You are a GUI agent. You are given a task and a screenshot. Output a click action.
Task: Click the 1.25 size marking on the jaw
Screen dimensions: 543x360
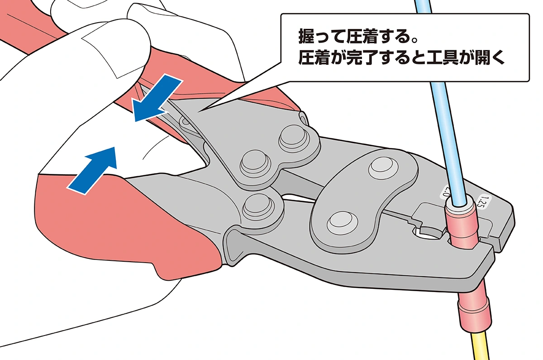coord(481,202)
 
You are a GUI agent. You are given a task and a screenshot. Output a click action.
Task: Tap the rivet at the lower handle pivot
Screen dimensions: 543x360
coord(258,205)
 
